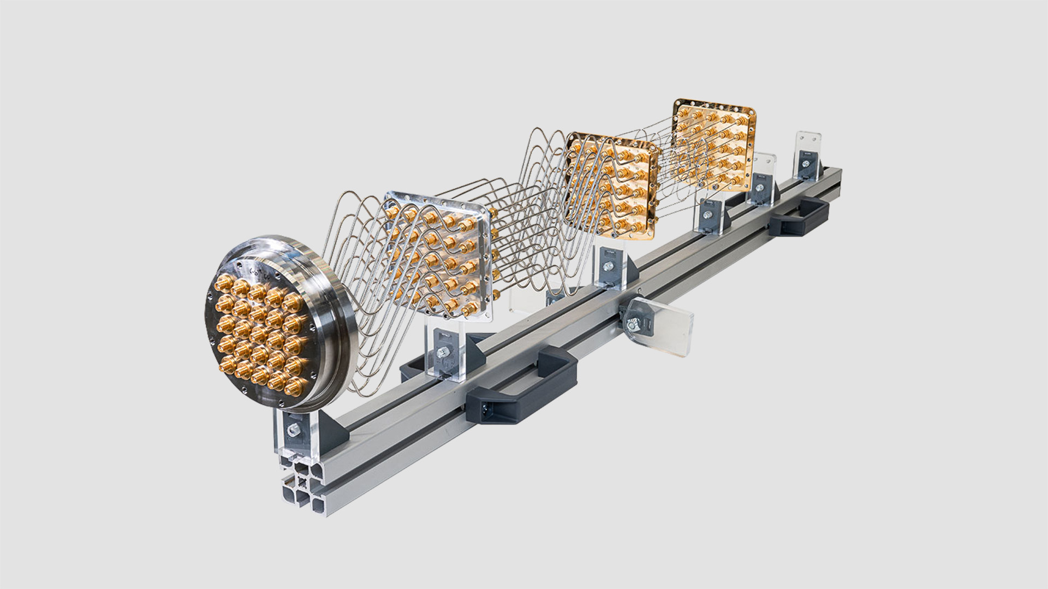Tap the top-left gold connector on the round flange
pos(224,283)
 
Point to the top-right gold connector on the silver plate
pos(467,224)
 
